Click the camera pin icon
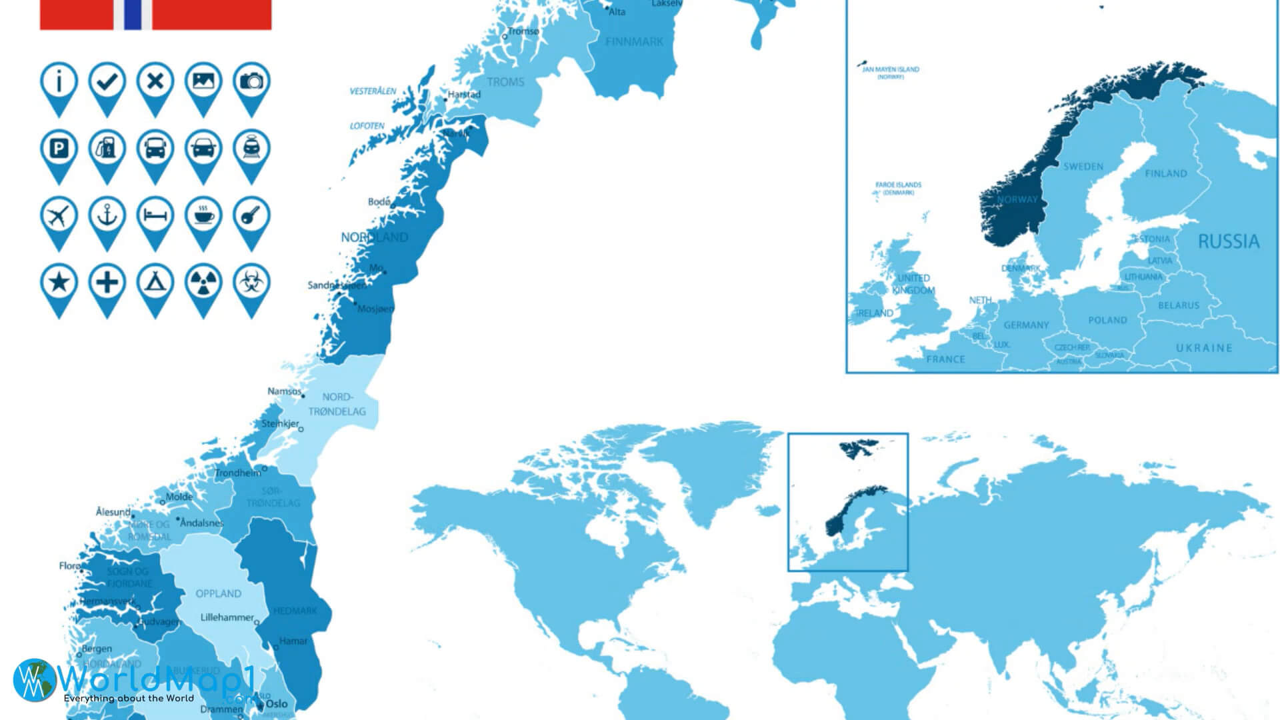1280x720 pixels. (251, 82)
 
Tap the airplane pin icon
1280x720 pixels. (59, 216)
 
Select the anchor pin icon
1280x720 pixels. (107, 216)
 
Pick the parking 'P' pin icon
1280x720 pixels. (59, 149)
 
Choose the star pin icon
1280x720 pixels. (59, 283)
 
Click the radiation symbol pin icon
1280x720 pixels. (203, 283)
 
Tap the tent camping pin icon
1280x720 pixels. (155, 283)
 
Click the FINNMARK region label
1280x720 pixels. (634, 42)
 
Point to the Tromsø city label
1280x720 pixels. (523, 31)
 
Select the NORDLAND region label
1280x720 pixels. (374, 237)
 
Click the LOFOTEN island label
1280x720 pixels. (367, 126)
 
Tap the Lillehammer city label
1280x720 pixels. (227, 617)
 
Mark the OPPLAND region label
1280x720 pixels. (218, 593)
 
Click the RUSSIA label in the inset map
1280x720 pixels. (1228, 241)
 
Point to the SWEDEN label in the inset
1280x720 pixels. (1083, 167)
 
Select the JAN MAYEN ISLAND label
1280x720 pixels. (891, 69)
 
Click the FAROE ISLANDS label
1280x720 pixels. (898, 185)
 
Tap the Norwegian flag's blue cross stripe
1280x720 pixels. (133, 14)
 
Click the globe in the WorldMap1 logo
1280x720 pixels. (33, 679)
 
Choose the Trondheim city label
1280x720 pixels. (238, 473)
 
